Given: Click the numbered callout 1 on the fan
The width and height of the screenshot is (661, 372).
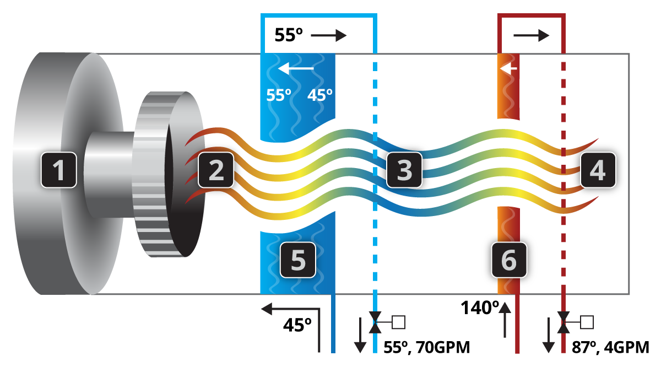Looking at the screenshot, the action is pos(59,170).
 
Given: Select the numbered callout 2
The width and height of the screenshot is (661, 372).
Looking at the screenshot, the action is pos(216,170).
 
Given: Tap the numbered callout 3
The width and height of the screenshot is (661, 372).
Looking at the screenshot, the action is pos(404,170).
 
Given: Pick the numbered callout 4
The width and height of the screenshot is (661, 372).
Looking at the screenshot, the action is pos(598,170).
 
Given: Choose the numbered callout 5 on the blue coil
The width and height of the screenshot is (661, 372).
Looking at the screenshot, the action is pos(298,260).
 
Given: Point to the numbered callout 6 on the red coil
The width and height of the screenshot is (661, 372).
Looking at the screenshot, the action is pos(509,260).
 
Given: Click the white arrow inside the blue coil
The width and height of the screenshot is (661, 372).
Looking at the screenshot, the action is pos(296,68).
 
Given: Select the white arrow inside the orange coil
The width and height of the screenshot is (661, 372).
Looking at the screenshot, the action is pos(508,69).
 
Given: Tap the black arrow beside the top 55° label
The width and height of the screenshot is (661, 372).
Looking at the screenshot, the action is pos(329,36).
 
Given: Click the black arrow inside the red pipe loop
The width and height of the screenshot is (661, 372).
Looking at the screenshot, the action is pos(532,36).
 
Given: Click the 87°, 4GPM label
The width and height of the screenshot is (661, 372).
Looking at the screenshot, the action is pos(610,347).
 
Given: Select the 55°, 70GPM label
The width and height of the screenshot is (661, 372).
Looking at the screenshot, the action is pos(427,347).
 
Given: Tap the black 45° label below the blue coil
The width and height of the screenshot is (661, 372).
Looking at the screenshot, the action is pos(297,325).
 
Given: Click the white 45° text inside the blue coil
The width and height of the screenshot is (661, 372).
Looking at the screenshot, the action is pos(320,95).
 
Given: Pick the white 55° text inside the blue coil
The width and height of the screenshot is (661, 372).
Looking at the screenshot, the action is pos(279,95).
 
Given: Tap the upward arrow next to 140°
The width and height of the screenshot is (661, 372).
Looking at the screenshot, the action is pos(505,320).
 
